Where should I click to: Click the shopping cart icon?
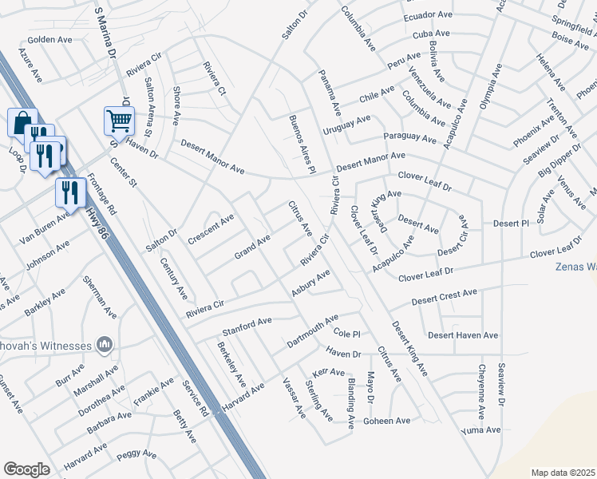(x=119, y=121)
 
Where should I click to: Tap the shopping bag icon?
(x=21, y=122)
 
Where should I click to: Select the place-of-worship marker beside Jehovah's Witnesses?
(x=105, y=344)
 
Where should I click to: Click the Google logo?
(x=26, y=469)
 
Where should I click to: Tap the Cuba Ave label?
(x=431, y=34)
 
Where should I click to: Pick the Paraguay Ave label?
(x=409, y=137)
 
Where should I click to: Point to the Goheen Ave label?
(x=386, y=421)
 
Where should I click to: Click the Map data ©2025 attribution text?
(x=563, y=473)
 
